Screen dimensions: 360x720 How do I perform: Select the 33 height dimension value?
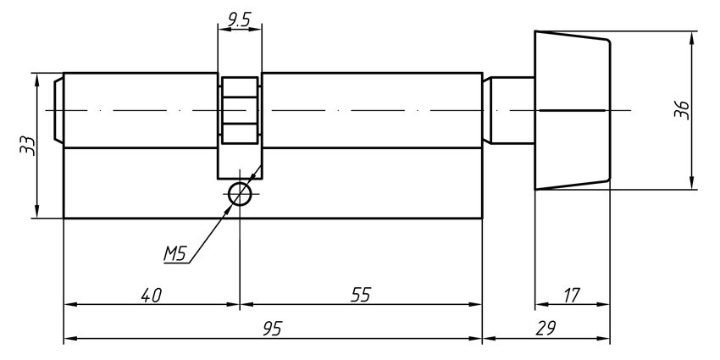(27, 145)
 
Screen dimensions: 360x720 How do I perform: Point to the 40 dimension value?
(151, 295)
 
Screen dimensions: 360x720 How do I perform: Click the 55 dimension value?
(361, 295)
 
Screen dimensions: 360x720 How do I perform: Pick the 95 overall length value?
(271, 329)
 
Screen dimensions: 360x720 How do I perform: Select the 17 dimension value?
(572, 295)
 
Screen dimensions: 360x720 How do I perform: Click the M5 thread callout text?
(174, 253)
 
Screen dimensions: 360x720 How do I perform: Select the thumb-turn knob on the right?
(572, 110)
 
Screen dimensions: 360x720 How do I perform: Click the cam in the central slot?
(240, 111)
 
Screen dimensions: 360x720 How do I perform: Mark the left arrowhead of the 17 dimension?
(540, 305)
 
